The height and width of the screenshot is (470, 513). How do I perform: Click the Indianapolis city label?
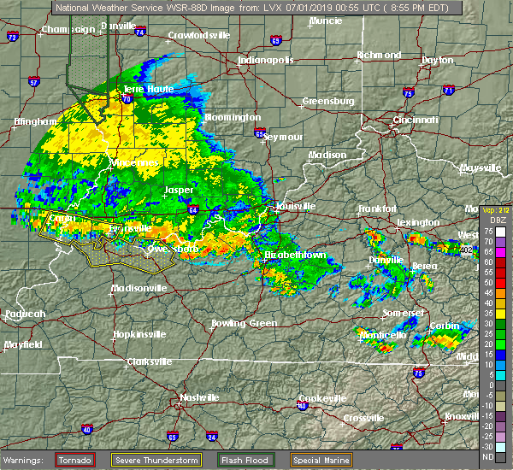coord(266,61)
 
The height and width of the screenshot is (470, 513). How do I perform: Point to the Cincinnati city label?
coord(417,120)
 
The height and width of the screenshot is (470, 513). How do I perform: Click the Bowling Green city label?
coord(245,324)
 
